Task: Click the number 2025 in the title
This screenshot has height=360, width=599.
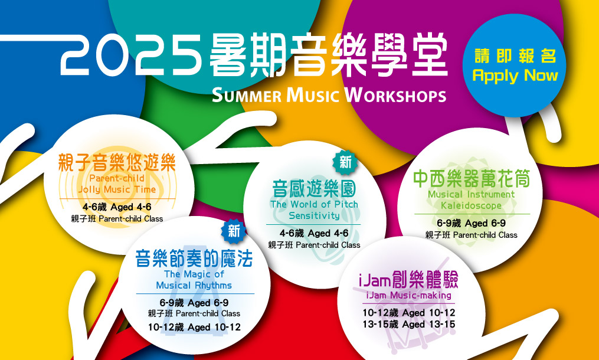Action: pyautogui.click(x=131, y=55)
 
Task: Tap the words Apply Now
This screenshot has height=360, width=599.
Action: pyautogui.click(x=515, y=76)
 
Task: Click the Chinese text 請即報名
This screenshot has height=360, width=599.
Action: pyautogui.click(x=515, y=56)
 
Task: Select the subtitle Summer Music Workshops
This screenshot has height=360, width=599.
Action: pyautogui.click(x=329, y=95)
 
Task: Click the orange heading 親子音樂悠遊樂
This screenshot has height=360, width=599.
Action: pyautogui.click(x=117, y=162)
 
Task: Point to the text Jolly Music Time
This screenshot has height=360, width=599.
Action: pyautogui.click(x=117, y=189)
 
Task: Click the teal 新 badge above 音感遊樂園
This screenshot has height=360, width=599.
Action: pyautogui.click(x=345, y=162)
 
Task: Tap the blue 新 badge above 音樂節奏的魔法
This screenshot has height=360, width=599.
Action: pyautogui.click(x=234, y=231)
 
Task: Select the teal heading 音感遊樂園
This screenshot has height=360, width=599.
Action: pyautogui.click(x=314, y=188)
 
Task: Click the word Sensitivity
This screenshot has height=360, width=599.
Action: pyautogui.click(x=314, y=215)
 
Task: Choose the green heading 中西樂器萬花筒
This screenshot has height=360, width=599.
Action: pyautogui.click(x=472, y=178)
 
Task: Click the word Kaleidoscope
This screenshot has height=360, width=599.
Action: pyautogui.click(x=471, y=205)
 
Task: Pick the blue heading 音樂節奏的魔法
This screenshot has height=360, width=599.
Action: pyautogui.click(x=194, y=258)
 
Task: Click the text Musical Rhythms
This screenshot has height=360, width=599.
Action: pyautogui.click(x=194, y=286)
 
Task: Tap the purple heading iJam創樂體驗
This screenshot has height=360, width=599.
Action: pyautogui.click(x=408, y=280)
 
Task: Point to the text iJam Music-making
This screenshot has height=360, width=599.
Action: pyautogui.click(x=408, y=296)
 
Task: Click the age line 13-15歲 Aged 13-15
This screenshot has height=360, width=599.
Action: pyautogui.click(x=409, y=325)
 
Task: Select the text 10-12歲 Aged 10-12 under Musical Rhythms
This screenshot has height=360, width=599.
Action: pyautogui.click(x=194, y=328)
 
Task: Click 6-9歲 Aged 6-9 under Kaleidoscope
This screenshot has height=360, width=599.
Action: pyautogui.click(x=472, y=223)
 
